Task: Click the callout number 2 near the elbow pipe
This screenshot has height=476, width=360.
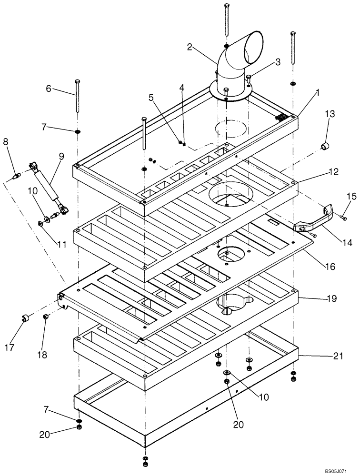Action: [190, 47]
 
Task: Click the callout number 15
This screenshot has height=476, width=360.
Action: [351, 196]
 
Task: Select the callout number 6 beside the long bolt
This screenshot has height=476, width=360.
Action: [48, 89]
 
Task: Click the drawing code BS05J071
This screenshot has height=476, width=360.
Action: [340, 471]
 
